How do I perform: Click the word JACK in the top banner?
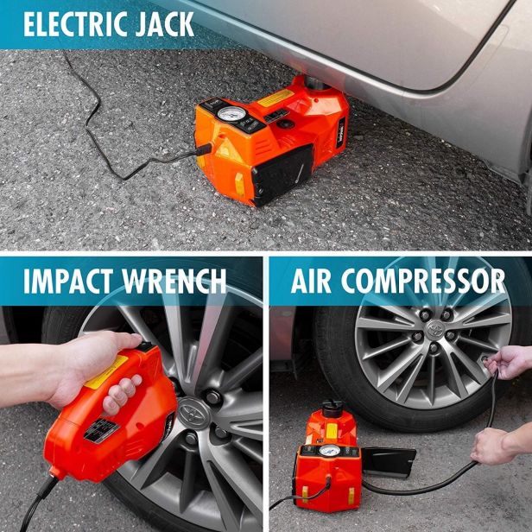pos(165,24)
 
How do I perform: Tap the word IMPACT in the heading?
pos(68,281)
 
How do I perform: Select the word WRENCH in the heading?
pos(174,281)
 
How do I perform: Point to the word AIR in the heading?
pos(311,281)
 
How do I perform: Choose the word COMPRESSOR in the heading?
pos(423,281)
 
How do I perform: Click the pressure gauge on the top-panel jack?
pos(231,114)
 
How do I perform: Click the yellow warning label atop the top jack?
pos(275,98)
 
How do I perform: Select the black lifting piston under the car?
pos(317,83)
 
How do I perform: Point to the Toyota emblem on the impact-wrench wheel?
pos(193,413)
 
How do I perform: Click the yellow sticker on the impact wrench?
pos(106,372)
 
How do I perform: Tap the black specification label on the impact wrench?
pos(101,431)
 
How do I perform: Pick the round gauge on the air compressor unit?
pos(329,451)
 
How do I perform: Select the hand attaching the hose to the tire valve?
pos(508,363)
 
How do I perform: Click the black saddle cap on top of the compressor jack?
pos(332,408)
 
